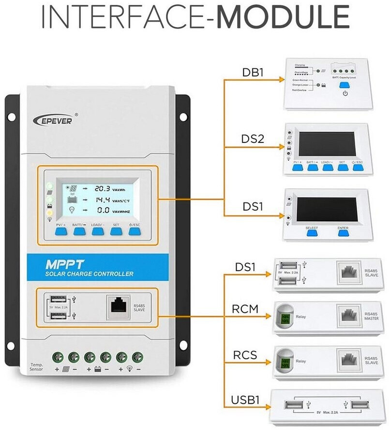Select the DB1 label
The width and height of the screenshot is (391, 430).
(x=253, y=72)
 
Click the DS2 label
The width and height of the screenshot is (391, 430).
(x=253, y=139)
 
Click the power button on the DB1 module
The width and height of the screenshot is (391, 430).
(x=345, y=92)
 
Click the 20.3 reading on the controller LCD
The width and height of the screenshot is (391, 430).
(x=102, y=188)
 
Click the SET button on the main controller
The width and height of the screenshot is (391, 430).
(x=116, y=231)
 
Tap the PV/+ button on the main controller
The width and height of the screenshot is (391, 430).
(x=61, y=231)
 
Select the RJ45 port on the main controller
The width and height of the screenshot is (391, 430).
(x=118, y=307)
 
